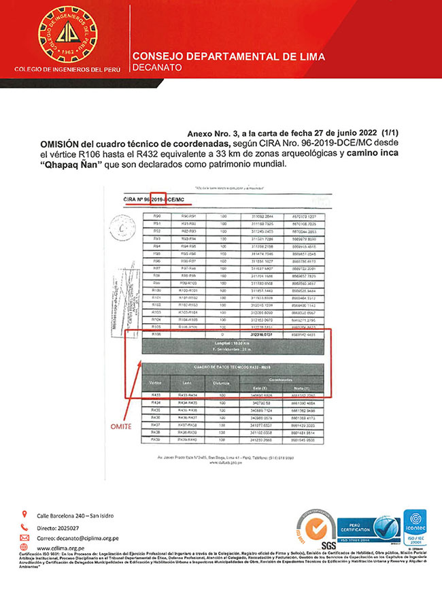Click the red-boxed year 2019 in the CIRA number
click(x=158, y=200)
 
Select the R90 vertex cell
click(x=156, y=216)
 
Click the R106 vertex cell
click(x=156, y=335)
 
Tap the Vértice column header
click(x=156, y=383)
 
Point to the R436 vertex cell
click(x=156, y=418)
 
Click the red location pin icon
click(x=24, y=514)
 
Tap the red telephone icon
click(x=24, y=526)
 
